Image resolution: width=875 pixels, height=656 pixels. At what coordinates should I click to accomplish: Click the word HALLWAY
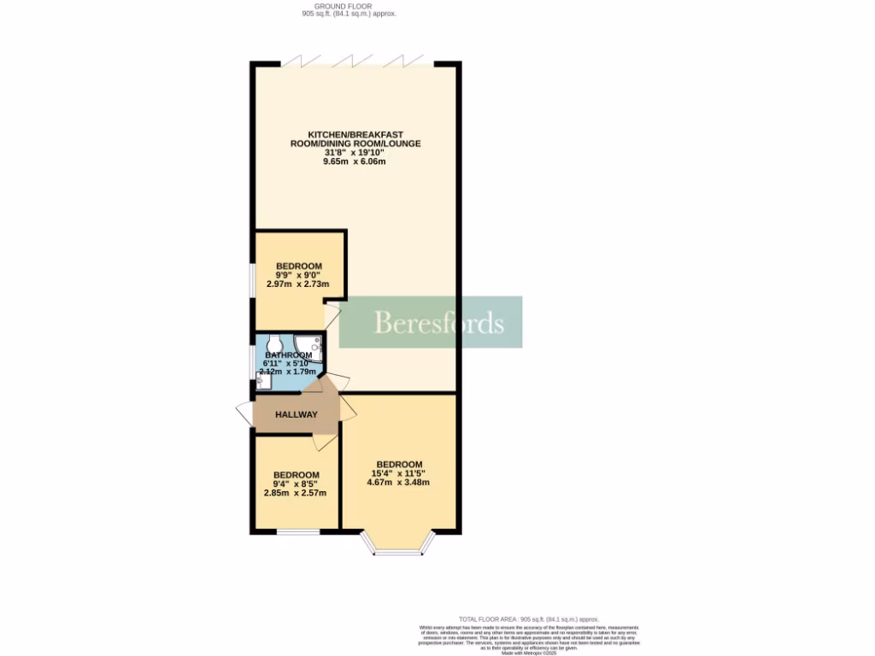coord(297,414)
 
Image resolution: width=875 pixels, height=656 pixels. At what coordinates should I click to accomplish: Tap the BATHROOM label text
coord(288,355)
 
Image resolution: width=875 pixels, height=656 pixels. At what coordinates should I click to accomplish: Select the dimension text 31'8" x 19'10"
coord(355,153)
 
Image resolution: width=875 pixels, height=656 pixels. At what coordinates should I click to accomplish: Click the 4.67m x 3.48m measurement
coord(397,482)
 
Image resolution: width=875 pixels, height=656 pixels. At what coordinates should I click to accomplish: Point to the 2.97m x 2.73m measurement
coord(298,284)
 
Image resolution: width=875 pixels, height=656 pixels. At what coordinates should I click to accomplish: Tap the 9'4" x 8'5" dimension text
coord(296,483)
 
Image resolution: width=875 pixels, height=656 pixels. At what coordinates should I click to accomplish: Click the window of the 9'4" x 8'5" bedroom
coord(297,534)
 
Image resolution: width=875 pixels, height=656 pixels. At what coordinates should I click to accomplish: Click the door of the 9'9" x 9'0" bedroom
coord(332,317)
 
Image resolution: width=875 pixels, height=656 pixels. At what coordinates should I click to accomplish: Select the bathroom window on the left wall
coord(251,360)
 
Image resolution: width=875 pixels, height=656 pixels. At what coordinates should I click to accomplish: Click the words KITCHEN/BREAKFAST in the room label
coord(355,134)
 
